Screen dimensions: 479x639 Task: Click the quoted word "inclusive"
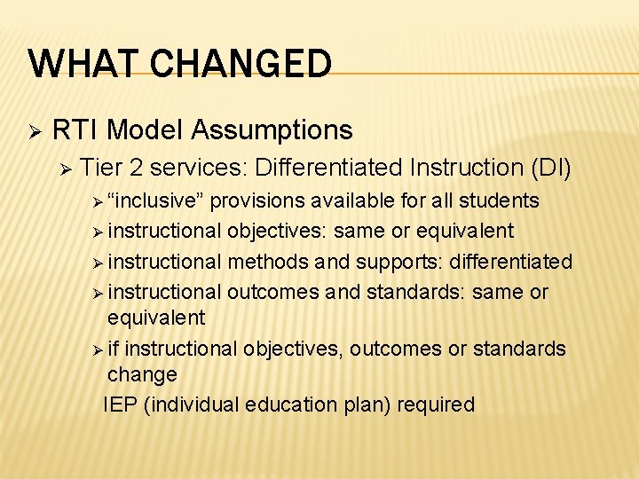tap(155, 200)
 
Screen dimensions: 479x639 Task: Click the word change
tap(142, 374)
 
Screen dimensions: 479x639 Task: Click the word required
tap(436, 404)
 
